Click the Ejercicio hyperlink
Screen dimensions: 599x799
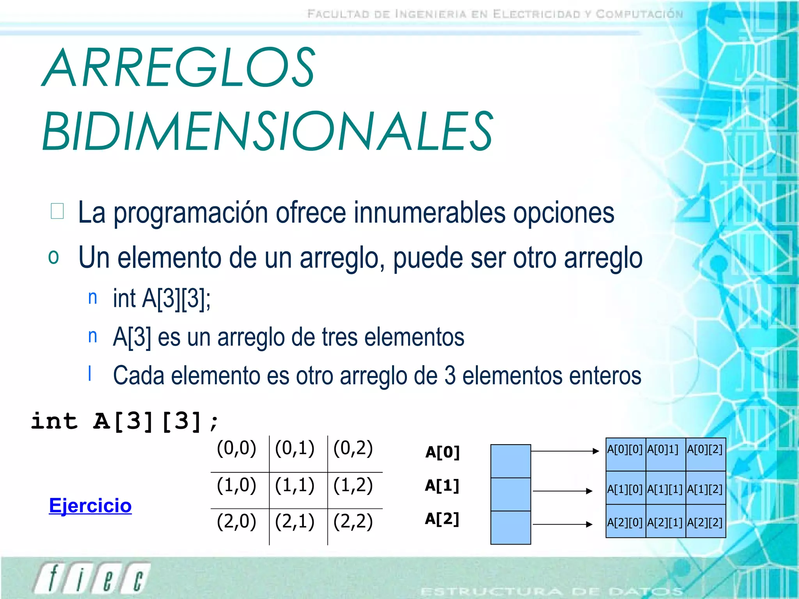90,506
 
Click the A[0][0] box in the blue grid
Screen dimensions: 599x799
625,454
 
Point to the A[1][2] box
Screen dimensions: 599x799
705,488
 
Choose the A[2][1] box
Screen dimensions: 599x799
665,521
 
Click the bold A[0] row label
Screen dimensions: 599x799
442,452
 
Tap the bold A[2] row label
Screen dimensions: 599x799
442,519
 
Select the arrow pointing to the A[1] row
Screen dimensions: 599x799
563,491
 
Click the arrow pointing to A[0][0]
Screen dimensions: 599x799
565,451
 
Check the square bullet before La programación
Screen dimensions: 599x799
57,211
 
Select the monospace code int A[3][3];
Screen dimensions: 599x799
125,421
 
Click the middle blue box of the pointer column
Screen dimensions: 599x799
510,494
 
